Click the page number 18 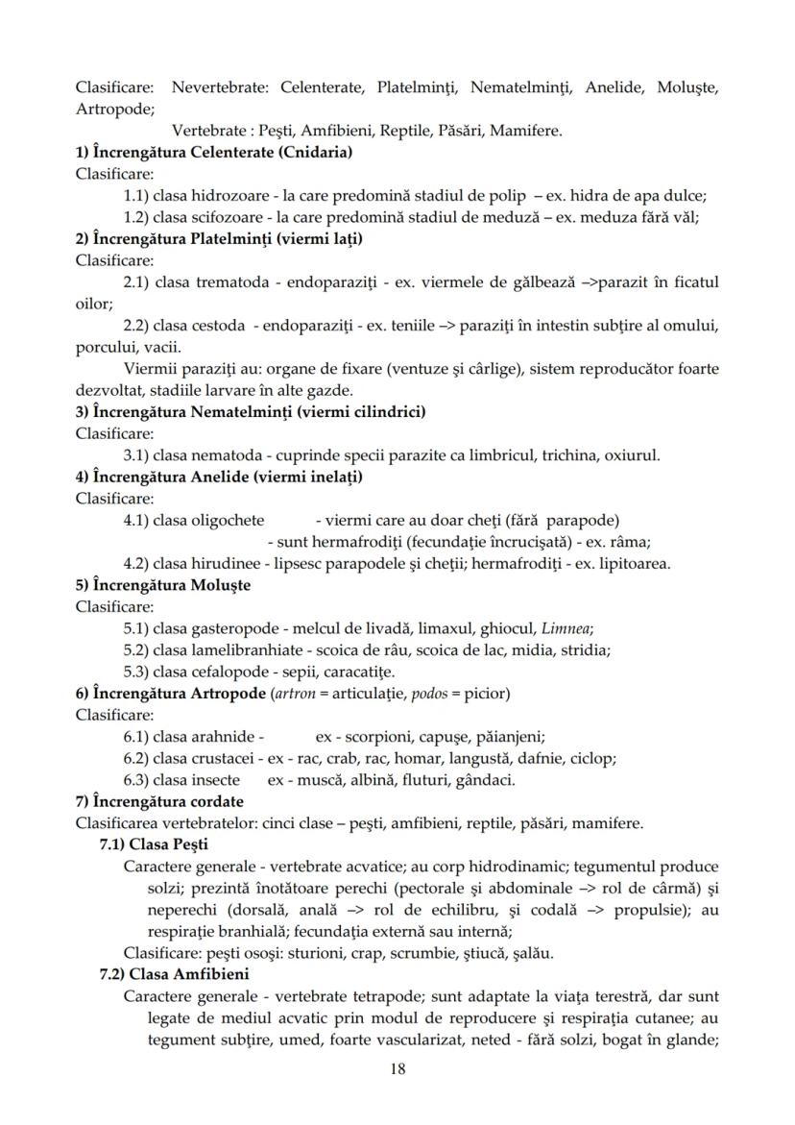coord(397,1069)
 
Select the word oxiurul coord(631,454)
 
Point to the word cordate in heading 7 coord(211,801)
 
